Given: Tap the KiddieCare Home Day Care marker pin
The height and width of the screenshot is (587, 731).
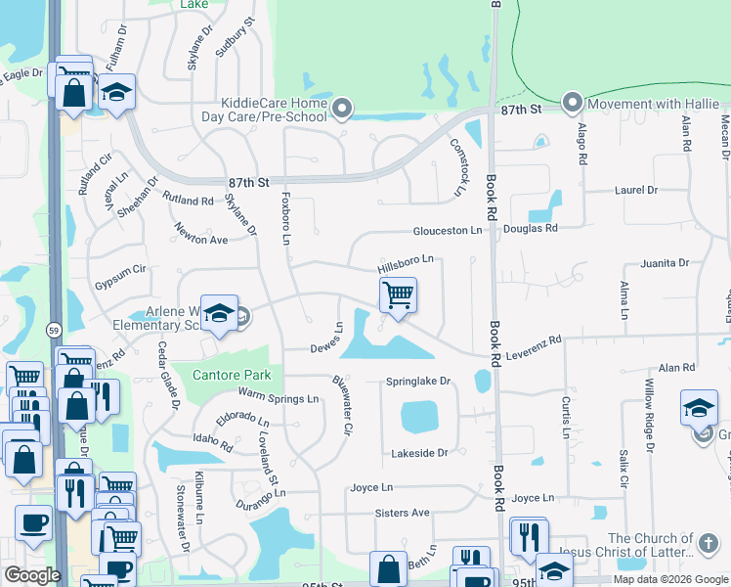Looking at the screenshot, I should pos(342,109).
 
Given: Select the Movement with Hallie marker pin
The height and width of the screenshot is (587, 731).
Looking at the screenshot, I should pos(573,103).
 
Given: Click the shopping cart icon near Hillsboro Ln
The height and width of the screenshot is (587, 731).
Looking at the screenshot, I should pos(398,294).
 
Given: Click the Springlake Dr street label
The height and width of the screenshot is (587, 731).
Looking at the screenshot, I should pos(417,381).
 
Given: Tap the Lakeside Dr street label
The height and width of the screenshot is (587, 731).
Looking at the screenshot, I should pos(418,453).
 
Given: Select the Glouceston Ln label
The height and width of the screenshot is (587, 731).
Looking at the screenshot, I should pos(448,230).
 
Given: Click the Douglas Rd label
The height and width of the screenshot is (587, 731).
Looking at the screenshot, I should pos(530,228).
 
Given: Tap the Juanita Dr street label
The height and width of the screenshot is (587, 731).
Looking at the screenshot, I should pos(665,263).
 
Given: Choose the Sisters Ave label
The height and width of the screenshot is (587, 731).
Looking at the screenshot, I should pos(402,512).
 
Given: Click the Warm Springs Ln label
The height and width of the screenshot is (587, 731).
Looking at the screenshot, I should pos(279,398).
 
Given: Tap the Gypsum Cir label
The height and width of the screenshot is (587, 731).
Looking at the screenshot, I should pos(119,269).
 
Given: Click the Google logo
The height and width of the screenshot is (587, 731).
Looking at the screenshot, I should pos(32,575).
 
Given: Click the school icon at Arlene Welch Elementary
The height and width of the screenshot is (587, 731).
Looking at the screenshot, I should pos(220,314).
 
